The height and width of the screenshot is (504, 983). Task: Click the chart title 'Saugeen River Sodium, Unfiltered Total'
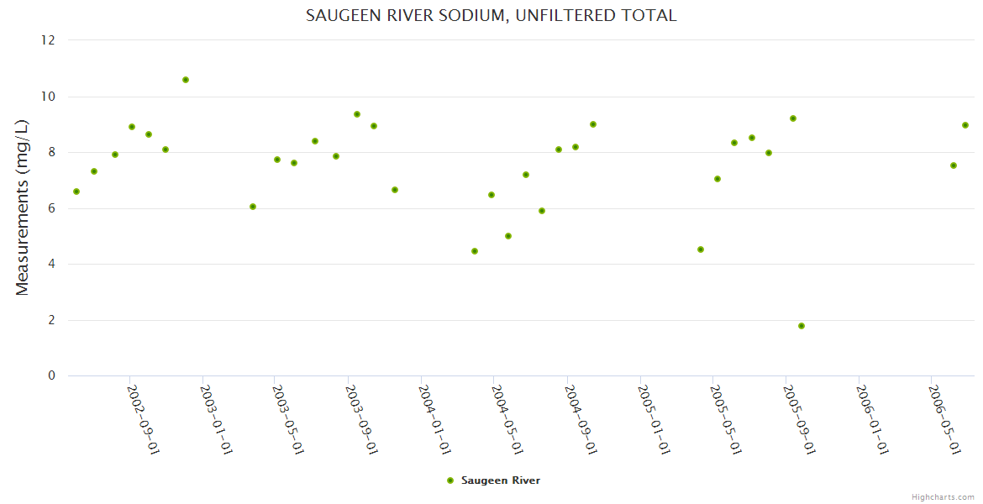coord(491,15)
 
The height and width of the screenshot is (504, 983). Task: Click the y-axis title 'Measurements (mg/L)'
coord(23,207)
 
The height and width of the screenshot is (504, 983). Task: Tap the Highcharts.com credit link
coord(943,496)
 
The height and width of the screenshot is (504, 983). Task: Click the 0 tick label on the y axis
coord(51,375)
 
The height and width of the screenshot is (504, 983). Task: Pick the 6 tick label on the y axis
coord(51,208)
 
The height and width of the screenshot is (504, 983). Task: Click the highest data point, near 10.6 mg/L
coord(186,80)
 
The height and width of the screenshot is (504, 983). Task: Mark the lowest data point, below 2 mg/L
coord(802,326)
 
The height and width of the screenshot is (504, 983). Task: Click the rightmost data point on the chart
coord(965,125)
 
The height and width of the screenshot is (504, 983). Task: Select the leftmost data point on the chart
coord(76,192)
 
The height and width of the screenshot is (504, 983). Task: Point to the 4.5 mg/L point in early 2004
coord(475,251)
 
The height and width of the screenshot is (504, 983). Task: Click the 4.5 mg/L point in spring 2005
coord(701,249)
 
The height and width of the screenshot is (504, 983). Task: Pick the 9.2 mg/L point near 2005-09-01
coord(793,118)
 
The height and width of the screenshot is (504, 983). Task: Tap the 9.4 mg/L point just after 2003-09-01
coord(357,114)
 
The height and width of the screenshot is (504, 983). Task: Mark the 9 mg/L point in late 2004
coord(593,124)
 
